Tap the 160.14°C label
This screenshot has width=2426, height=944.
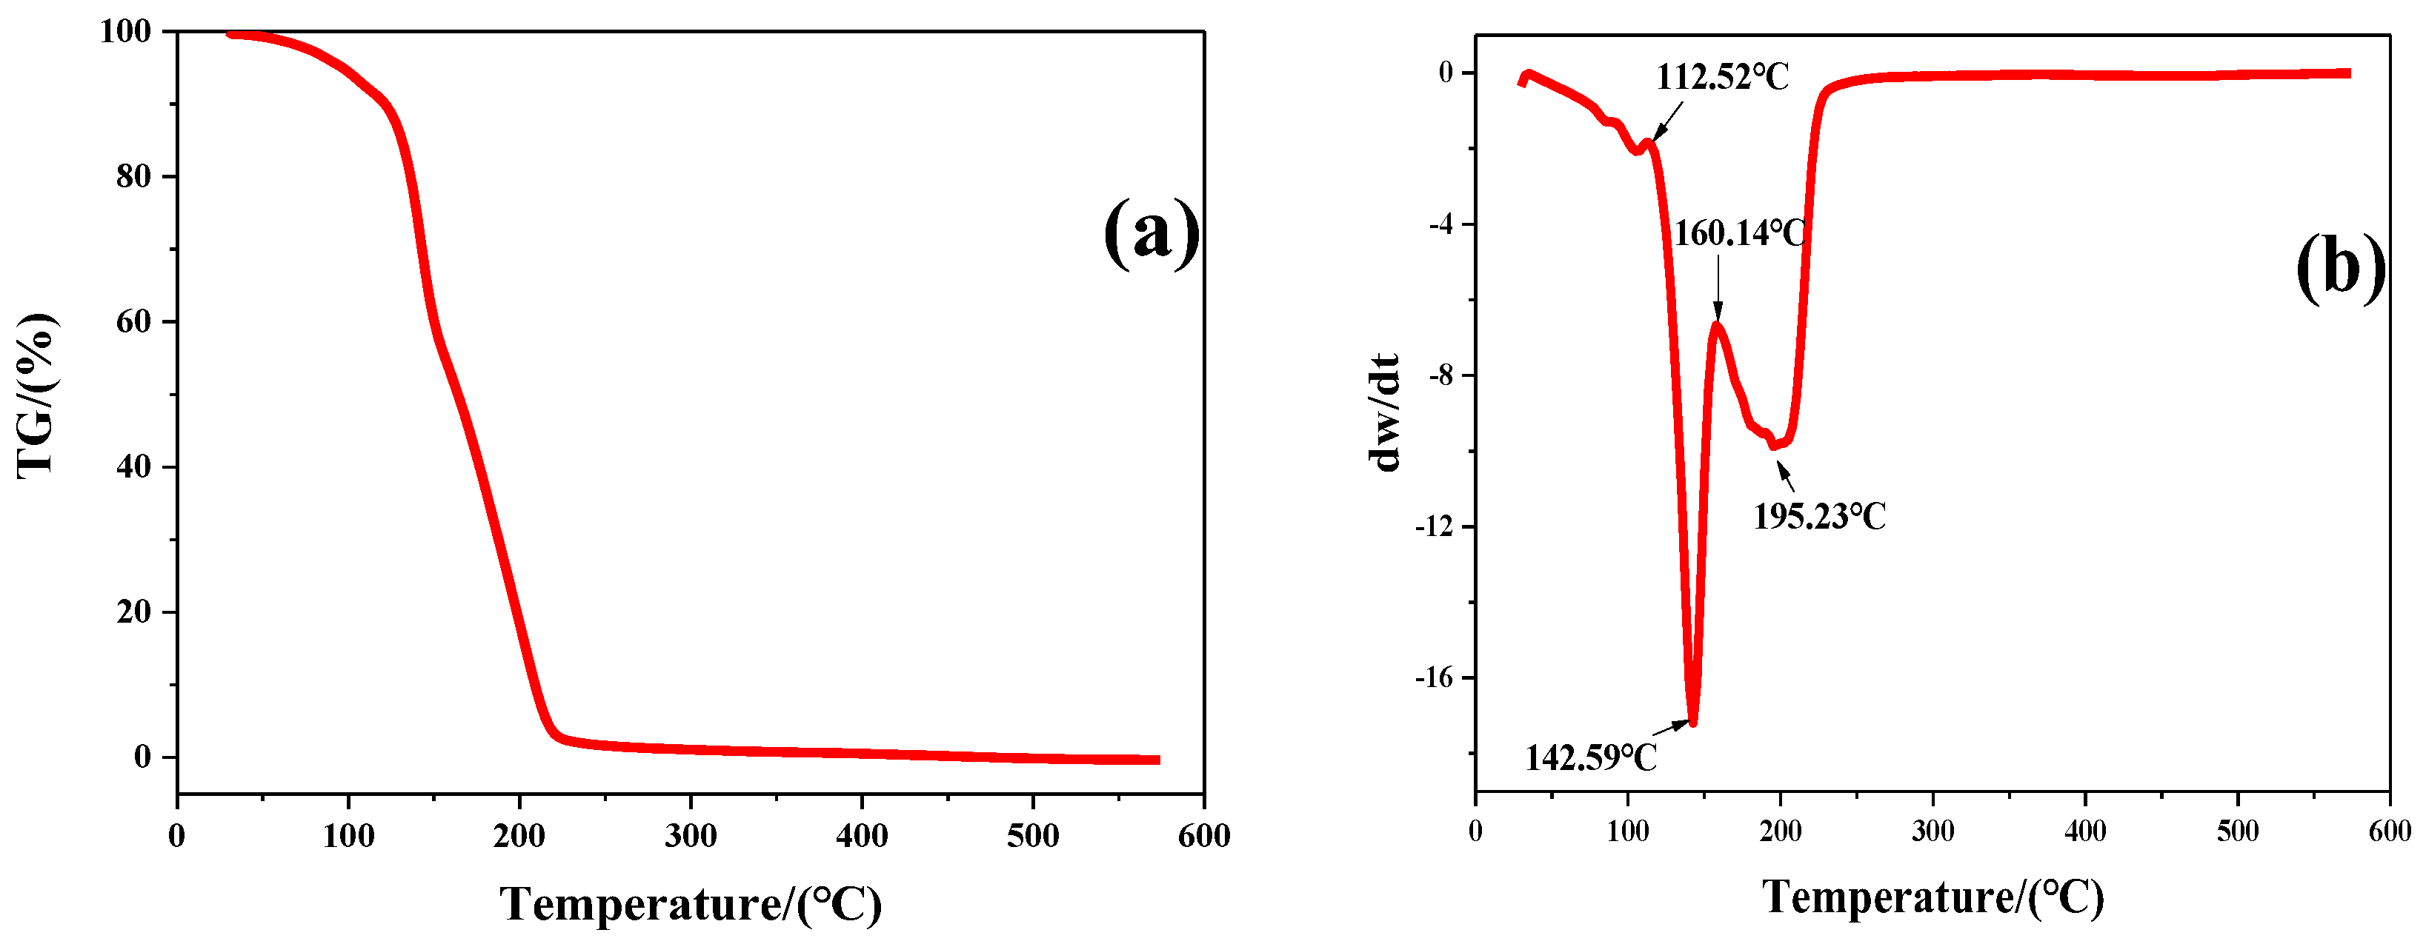click(x=1738, y=232)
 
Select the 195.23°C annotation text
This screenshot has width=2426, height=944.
click(x=1820, y=516)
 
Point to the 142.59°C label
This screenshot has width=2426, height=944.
click(x=1591, y=757)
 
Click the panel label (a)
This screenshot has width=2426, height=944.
click(x=1151, y=232)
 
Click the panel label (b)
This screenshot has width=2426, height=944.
click(x=2340, y=267)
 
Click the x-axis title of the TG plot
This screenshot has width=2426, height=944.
click(x=691, y=903)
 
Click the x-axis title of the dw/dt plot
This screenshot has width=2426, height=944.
click(x=1933, y=896)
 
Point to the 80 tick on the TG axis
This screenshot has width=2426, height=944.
click(x=133, y=176)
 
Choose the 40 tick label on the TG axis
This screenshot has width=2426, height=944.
click(x=133, y=467)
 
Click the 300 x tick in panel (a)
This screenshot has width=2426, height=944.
click(x=691, y=835)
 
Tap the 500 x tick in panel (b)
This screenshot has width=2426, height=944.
click(x=2237, y=831)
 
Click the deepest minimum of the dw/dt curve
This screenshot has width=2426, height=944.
click(x=1692, y=721)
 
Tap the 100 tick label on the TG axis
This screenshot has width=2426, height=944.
click(x=125, y=31)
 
